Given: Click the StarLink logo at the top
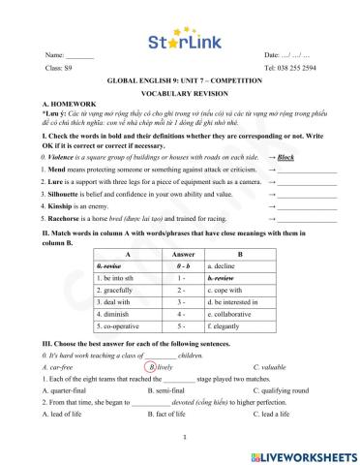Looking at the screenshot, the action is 180,43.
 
